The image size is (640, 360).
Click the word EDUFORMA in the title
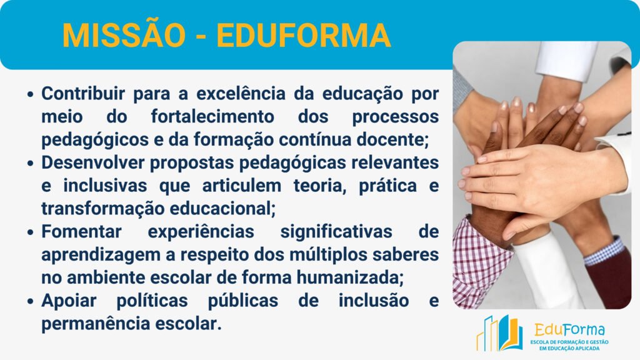[304, 36]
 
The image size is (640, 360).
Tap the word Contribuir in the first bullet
[83, 94]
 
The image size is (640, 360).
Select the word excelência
[241, 94]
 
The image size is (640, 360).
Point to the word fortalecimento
[212, 117]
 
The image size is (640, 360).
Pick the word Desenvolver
[92, 163]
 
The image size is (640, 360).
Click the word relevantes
[395, 163]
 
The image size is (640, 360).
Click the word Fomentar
[82, 232]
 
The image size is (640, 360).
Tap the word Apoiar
[69, 301]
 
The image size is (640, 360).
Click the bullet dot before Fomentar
[30, 232]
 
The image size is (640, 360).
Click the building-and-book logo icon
[499, 334]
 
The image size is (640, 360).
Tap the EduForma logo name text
[570, 330]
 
